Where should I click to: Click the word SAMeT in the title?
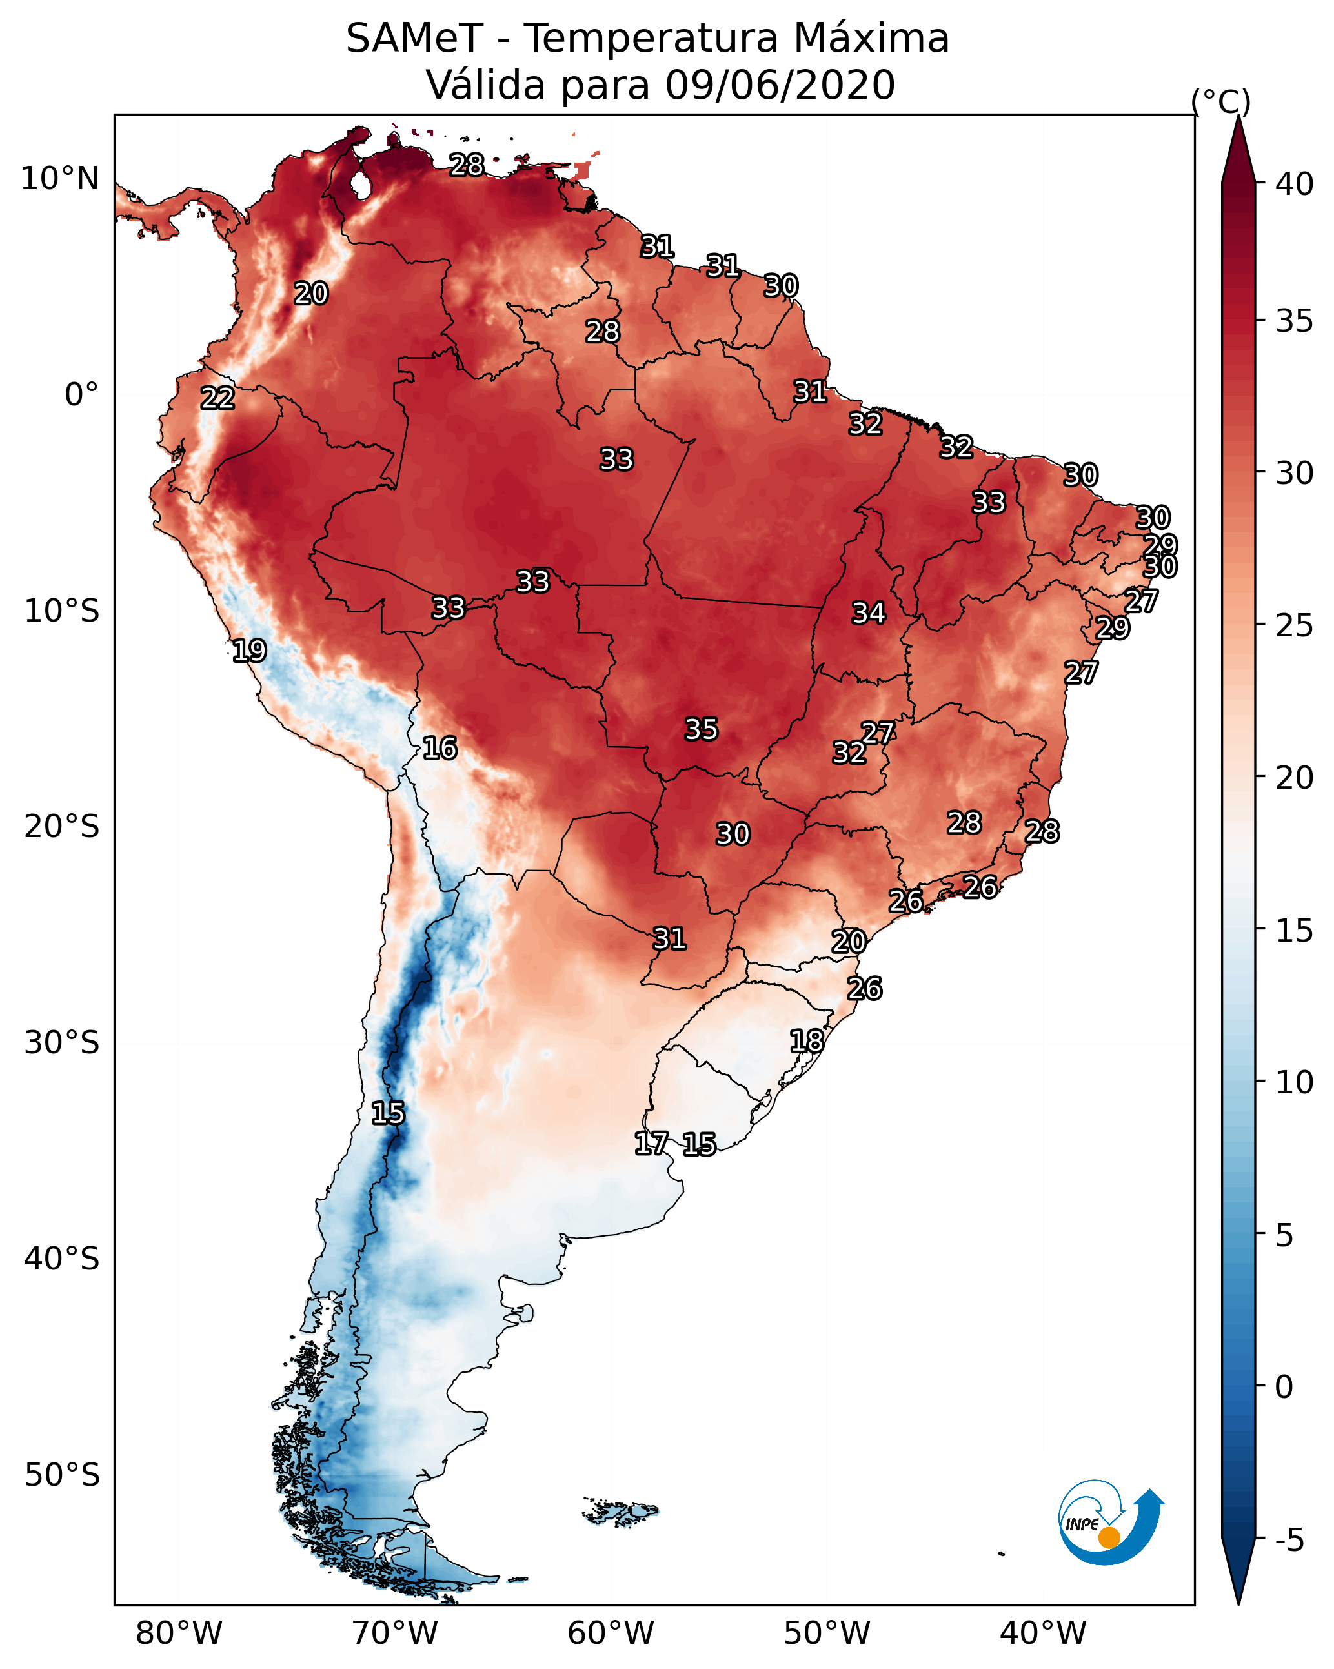(414, 39)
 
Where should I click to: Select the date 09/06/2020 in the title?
(780, 85)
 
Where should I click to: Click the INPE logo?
(1109, 1525)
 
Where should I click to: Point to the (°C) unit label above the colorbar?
(1220, 101)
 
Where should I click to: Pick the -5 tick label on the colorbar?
(1289, 1540)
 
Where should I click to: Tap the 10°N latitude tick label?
(59, 179)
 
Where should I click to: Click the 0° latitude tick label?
(81, 395)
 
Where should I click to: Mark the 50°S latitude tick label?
(62, 1475)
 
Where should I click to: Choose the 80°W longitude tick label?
(179, 1634)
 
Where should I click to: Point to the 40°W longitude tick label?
(1043, 1634)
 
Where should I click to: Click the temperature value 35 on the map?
(702, 729)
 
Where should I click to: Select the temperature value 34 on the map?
(869, 613)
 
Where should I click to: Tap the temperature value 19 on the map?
(249, 651)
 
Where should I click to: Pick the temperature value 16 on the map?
(440, 749)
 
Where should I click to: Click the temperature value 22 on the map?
(217, 399)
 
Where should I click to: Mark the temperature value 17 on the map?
(651, 1144)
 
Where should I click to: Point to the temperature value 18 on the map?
(807, 1041)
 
